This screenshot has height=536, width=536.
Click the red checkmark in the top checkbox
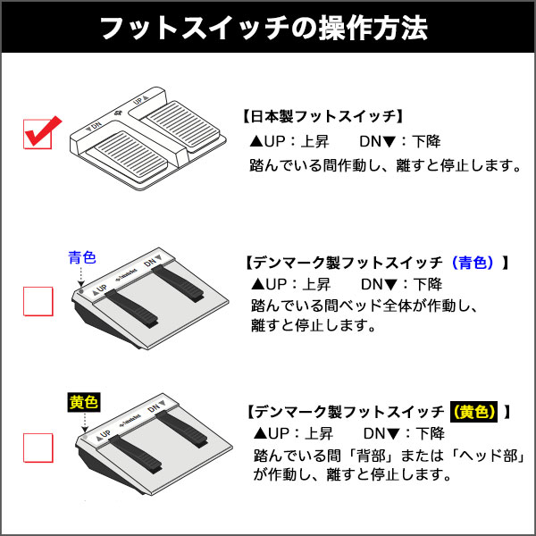click(43, 131)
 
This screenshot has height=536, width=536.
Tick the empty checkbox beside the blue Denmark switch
click(38, 301)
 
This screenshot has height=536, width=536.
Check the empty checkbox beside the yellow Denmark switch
click(38, 448)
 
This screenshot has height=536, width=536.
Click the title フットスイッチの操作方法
click(264, 28)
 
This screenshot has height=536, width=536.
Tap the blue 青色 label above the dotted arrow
click(82, 257)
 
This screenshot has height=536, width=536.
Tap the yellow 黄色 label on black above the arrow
click(84, 402)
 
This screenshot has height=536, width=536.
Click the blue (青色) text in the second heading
click(473, 263)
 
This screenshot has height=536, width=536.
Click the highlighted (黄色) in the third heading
click(473, 412)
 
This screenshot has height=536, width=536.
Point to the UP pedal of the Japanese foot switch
click(181, 126)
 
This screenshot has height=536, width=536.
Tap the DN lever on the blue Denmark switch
click(178, 283)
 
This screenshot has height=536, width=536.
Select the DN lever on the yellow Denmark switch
click(182, 428)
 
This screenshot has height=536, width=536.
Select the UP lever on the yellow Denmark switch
click(136, 455)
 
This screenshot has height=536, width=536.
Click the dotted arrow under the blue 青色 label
click(81, 276)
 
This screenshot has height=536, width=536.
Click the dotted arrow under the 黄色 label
click(85, 423)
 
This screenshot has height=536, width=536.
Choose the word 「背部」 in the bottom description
click(371, 455)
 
